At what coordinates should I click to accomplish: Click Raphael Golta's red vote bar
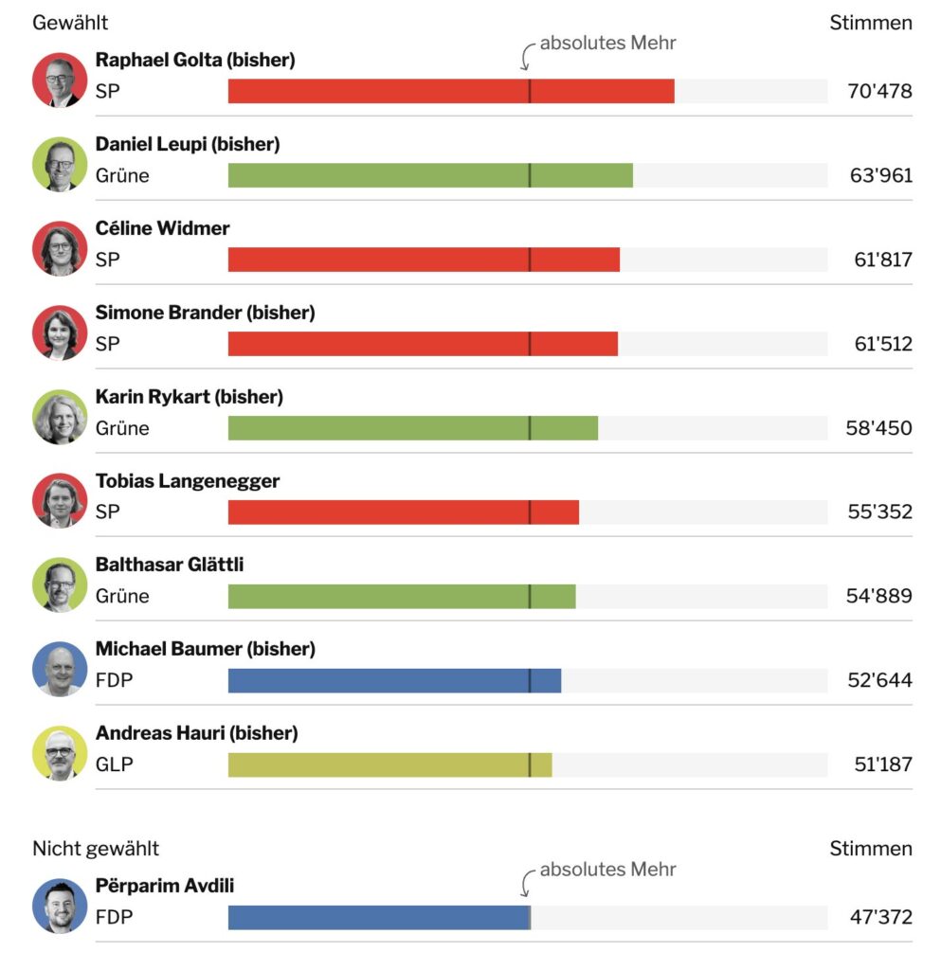[451, 91]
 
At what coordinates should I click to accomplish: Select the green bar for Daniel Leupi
[430, 175]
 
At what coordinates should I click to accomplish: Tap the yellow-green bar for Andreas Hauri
[389, 764]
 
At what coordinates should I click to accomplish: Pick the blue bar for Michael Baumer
[394, 680]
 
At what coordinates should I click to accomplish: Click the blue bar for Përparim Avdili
[379, 917]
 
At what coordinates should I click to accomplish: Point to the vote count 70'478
[879, 91]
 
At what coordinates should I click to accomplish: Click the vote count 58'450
[878, 428]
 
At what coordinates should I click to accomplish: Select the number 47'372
[879, 917]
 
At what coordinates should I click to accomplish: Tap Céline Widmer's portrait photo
[60, 248]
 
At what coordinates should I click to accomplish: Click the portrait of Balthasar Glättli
[60, 584]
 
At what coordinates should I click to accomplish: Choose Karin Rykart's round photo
[60, 417]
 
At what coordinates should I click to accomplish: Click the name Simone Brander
[170, 313]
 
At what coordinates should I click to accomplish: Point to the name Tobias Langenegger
[188, 481]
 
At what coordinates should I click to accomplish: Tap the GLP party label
[115, 764]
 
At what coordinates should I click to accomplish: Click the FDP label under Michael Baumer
[115, 680]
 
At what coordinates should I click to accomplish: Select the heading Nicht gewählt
[96, 848]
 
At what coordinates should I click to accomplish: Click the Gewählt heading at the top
[70, 23]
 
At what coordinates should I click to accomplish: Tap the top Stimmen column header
[871, 23]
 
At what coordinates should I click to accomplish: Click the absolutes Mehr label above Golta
[607, 43]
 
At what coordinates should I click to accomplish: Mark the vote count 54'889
[878, 596]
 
